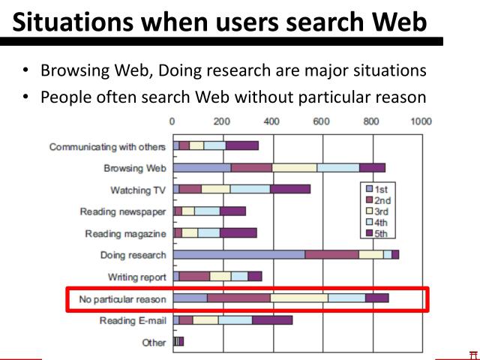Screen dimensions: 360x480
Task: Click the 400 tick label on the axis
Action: click(271, 120)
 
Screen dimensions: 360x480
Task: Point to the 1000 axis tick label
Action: click(421, 120)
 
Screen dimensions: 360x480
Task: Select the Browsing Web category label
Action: click(134, 168)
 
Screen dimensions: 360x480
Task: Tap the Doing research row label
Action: click(133, 255)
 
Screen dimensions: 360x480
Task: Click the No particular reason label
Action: click(122, 299)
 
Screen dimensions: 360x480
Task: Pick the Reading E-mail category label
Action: click(133, 321)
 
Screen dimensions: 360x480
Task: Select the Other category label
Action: click(154, 343)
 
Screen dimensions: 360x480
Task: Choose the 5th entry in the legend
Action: click(381, 232)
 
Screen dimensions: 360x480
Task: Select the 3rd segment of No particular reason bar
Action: click(298, 298)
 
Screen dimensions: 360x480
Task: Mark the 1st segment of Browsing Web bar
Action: click(202, 167)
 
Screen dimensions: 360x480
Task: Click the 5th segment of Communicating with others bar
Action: click(241, 145)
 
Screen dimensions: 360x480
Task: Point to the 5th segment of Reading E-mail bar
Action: click(271, 320)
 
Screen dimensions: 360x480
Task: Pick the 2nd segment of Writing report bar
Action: click(194, 277)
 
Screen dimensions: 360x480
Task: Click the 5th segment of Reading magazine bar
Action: click(238, 233)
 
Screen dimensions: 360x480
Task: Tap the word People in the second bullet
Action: click(65, 97)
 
